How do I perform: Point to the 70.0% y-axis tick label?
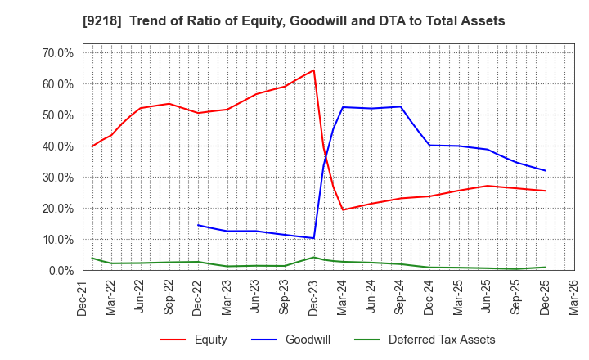(57, 53)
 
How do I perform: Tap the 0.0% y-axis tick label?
(61, 271)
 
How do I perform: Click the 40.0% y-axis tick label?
(57, 146)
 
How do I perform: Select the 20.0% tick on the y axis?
(57, 209)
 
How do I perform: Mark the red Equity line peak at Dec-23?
(313, 70)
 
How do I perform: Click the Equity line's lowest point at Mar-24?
(343, 209)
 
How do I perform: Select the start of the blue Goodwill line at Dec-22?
(198, 225)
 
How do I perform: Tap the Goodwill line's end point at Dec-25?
(545, 170)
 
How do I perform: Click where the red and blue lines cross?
(326, 154)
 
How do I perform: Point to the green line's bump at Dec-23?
(313, 257)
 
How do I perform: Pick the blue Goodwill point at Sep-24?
(401, 106)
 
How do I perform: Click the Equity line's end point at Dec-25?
(545, 191)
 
